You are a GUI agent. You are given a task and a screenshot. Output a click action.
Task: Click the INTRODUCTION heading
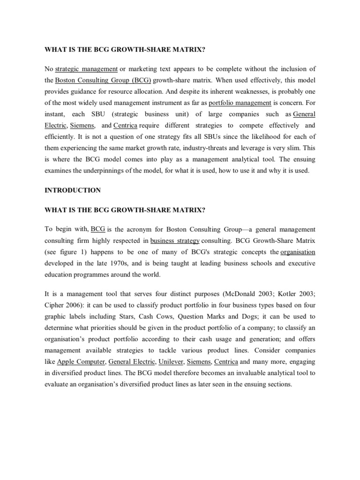73,190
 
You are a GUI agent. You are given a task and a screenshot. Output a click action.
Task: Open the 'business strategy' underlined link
175,241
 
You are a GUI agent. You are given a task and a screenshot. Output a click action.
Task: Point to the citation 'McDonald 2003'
251,294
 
